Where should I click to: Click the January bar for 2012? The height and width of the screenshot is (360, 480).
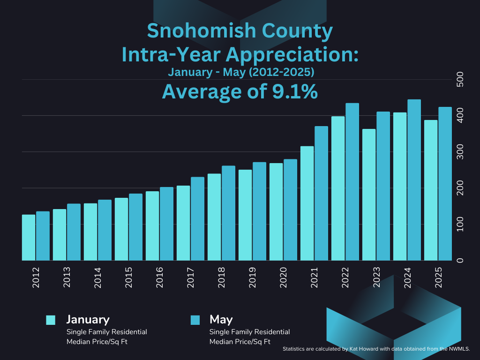click(29, 238)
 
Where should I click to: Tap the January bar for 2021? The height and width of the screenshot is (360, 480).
click(307, 203)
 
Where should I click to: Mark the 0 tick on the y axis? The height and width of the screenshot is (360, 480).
click(460, 261)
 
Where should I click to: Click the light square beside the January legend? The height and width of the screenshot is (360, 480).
click(51, 320)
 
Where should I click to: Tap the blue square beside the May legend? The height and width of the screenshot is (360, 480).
click(195, 320)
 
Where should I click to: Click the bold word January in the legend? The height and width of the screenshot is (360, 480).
click(88, 320)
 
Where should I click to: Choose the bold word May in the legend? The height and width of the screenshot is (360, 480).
click(221, 320)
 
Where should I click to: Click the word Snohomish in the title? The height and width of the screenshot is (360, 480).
click(192, 31)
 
